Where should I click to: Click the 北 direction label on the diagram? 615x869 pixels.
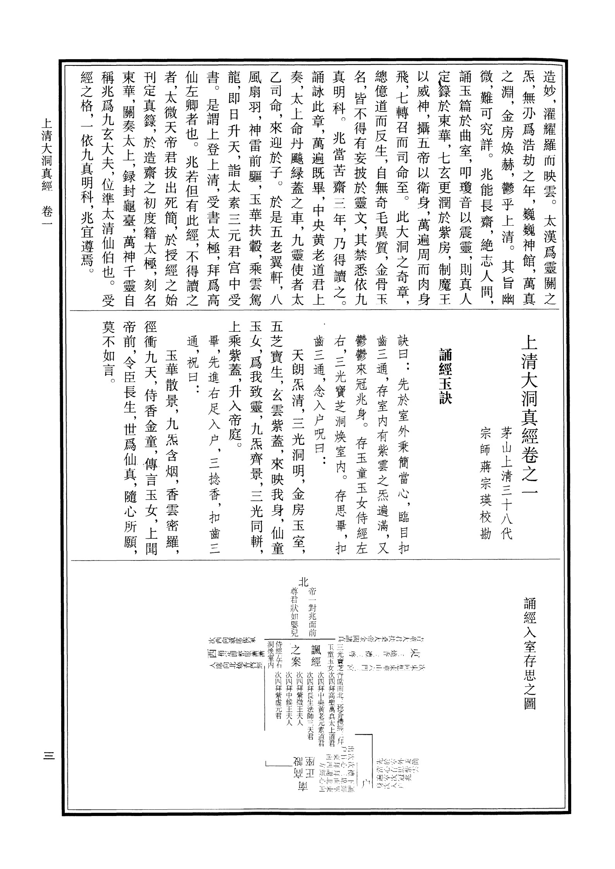(x=304, y=581)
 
